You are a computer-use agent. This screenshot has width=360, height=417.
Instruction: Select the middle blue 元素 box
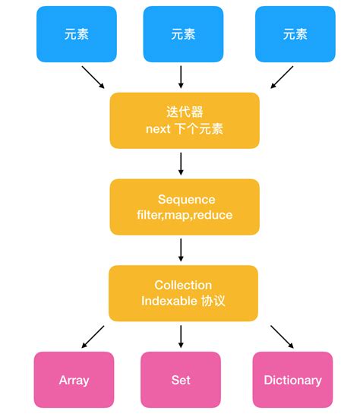[x=183, y=34]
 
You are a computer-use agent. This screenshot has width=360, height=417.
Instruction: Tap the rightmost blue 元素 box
[x=295, y=34]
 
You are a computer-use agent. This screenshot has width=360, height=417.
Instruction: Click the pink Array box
[x=74, y=379]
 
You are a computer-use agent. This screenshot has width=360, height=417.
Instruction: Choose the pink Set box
[x=181, y=379]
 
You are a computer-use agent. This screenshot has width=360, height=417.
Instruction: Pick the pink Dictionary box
[x=292, y=379]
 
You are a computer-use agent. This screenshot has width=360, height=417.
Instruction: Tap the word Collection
[x=183, y=285]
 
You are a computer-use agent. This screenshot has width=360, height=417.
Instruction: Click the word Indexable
[x=169, y=301]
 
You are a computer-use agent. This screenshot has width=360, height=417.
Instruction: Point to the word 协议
[x=213, y=301]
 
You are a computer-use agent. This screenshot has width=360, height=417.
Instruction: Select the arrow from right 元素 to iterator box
[x=282, y=77]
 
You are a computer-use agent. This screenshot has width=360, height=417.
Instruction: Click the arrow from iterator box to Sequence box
[x=182, y=163]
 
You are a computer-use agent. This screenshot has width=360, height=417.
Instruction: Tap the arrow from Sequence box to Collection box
[x=182, y=250]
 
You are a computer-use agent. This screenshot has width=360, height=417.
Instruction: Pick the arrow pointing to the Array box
[x=93, y=336]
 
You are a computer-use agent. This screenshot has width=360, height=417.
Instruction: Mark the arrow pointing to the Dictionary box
[x=281, y=336]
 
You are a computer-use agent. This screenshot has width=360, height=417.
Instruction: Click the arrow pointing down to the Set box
[x=182, y=336]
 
